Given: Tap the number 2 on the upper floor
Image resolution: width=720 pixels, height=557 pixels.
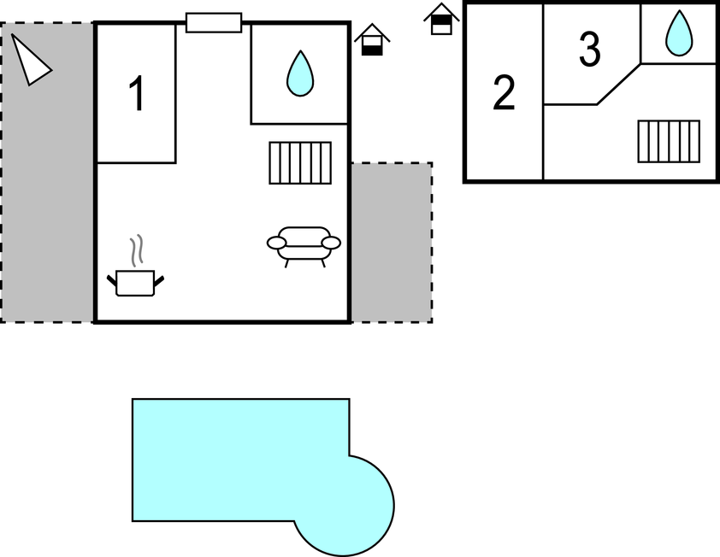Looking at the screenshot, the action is pos(504,92).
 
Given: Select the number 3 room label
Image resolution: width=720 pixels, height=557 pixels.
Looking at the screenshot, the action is pos(589,49).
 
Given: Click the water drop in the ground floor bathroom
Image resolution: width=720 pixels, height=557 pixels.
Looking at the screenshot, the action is pos(300,73).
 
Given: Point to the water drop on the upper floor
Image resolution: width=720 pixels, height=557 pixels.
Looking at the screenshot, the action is pos(679,33).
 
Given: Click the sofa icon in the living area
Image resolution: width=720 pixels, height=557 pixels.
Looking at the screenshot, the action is pos(304,246).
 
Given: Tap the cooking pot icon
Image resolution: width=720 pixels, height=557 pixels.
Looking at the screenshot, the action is pos(135,283).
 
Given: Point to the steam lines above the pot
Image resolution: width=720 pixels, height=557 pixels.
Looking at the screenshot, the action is pos(136,250).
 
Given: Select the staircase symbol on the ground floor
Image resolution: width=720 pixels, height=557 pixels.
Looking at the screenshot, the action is pos(300,163).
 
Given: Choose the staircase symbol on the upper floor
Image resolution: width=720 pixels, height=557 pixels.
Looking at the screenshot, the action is pos(669,141).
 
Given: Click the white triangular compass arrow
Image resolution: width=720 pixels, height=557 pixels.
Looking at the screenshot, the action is pos(28,60).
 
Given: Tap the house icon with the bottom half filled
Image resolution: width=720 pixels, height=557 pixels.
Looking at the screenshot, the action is pos(372,40).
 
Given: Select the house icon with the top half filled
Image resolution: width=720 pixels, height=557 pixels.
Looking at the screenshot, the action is pos(441,20).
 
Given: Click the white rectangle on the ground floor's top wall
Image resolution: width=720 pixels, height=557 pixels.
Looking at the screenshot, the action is pos(214,22).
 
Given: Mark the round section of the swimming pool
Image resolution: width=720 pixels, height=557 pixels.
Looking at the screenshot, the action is pos(349,506).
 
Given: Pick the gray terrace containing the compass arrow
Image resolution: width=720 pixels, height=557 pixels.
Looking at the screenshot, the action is pos(47,172).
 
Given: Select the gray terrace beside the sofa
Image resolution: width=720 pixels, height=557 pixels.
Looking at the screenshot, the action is pos(392,243).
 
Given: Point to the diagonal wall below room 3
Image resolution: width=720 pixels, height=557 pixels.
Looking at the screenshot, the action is pos(618,85).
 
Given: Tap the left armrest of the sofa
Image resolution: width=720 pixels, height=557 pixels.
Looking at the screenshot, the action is pos(276,243).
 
